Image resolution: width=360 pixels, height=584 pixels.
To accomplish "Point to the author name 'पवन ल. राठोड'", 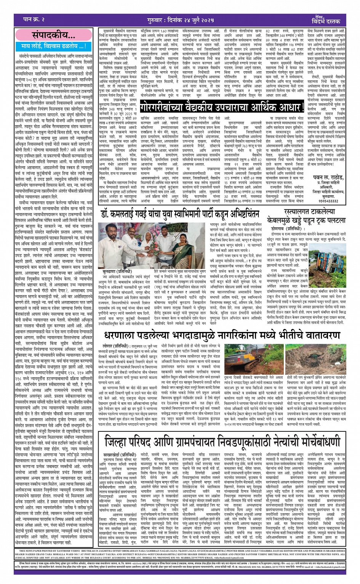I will [x=319, y=176].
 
